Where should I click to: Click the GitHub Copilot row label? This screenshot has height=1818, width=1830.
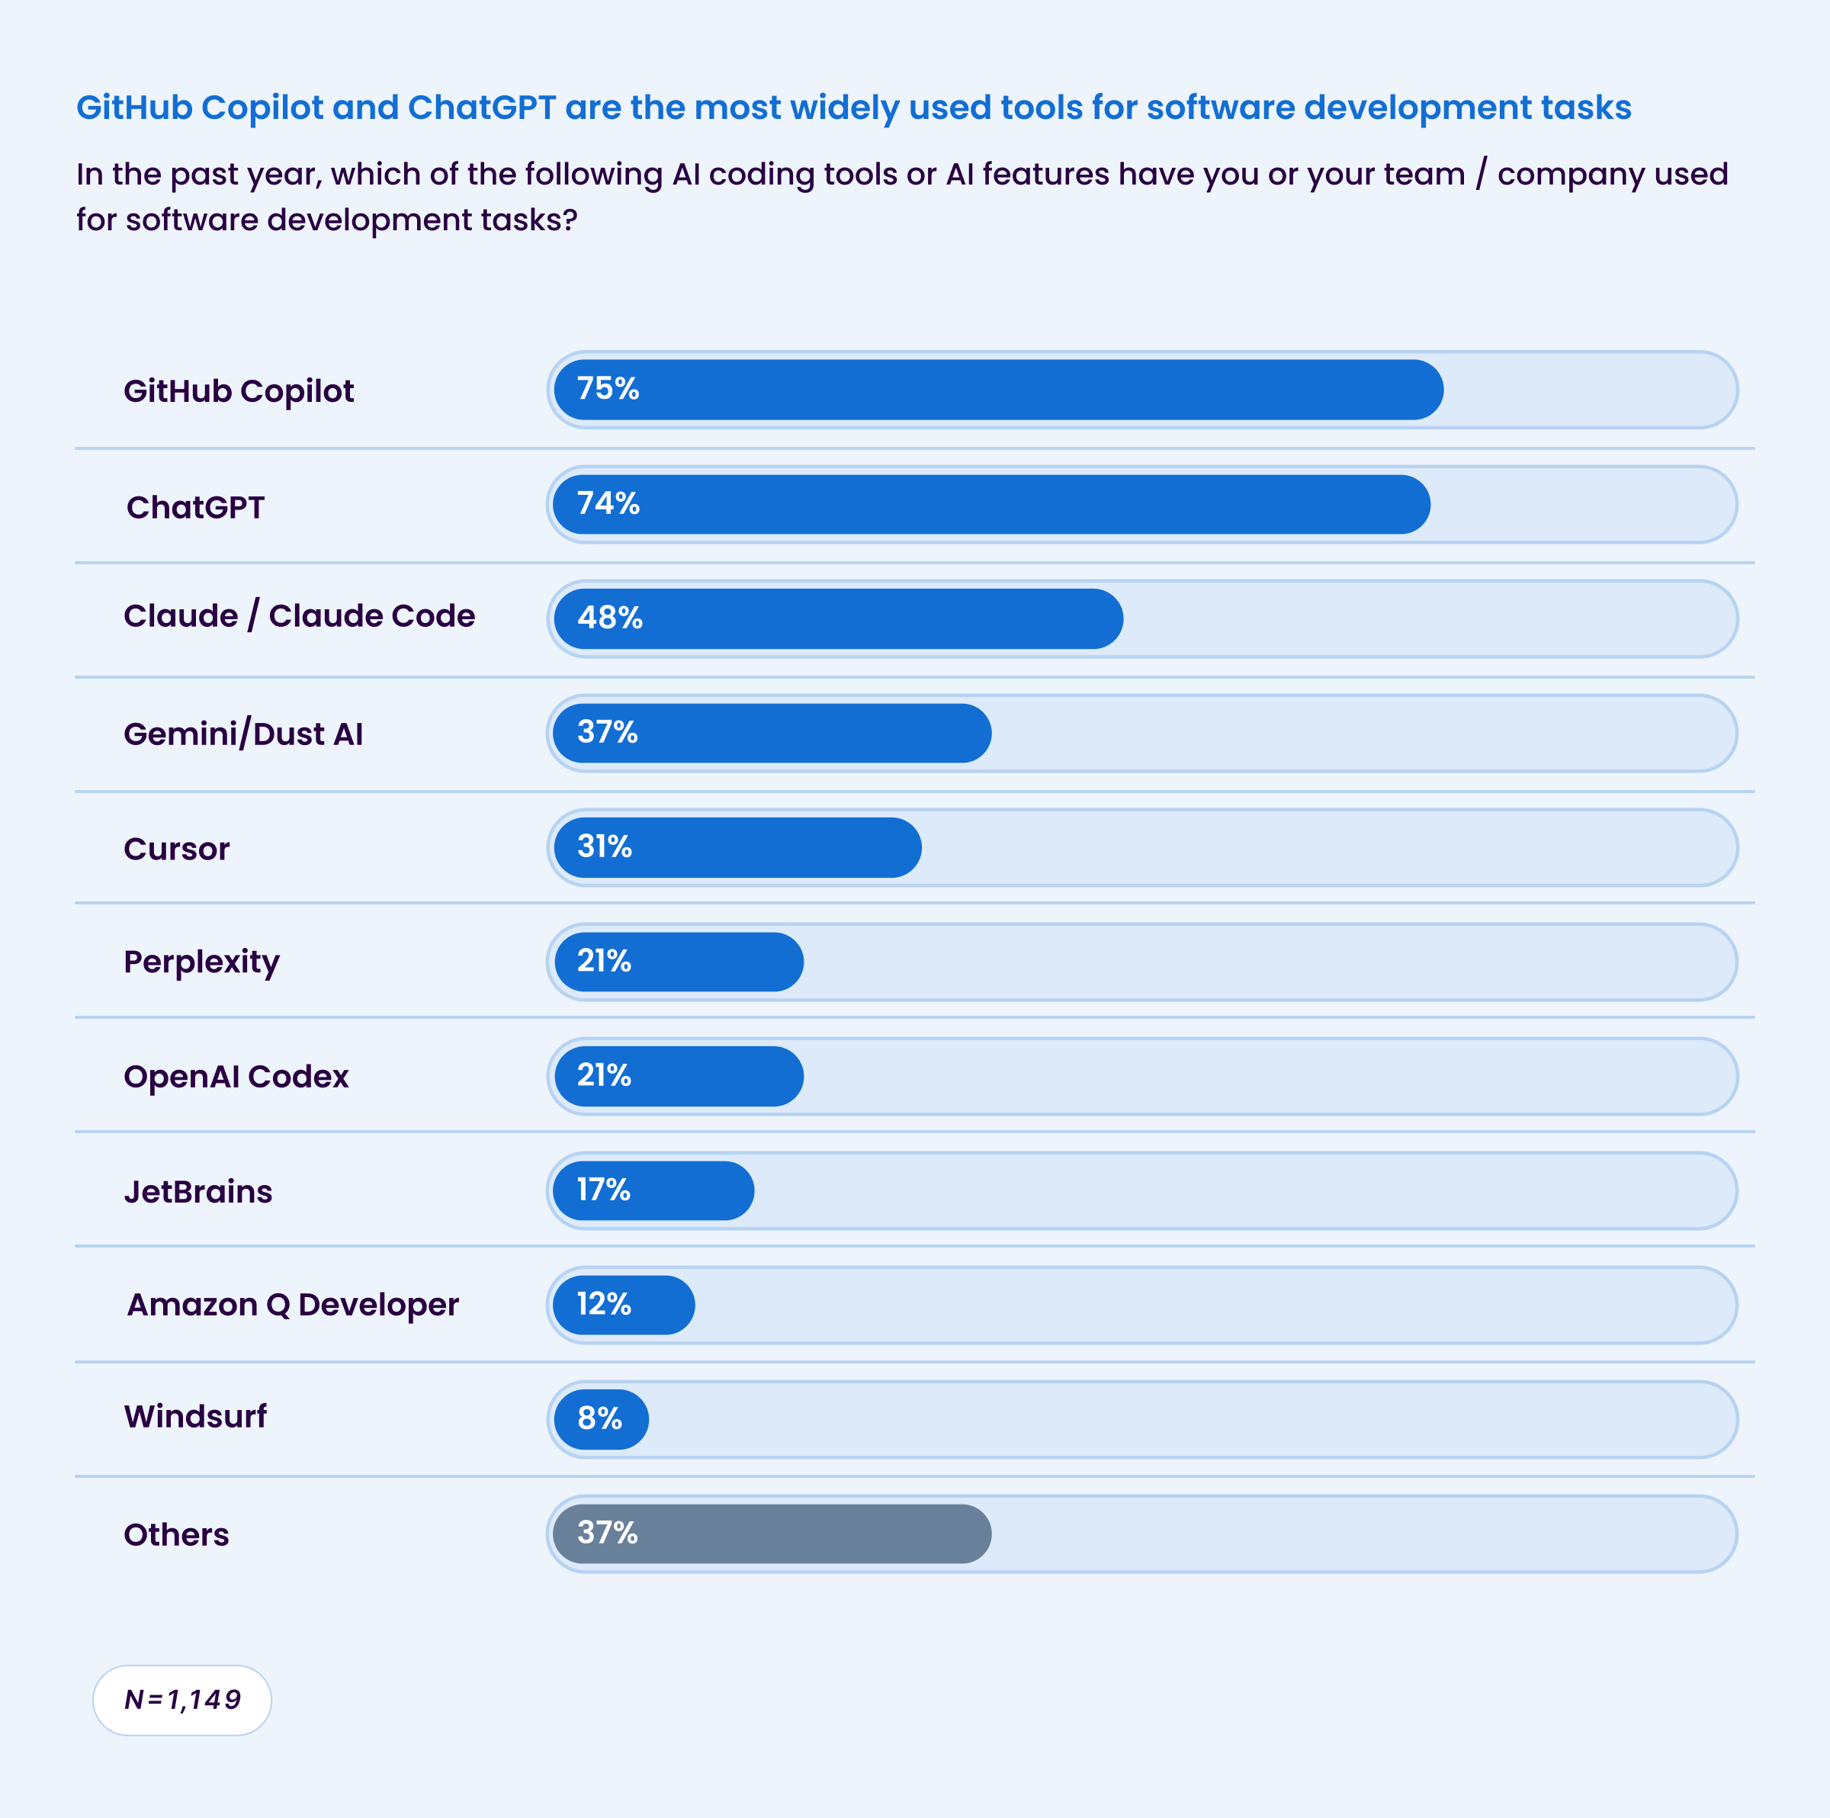(x=239, y=391)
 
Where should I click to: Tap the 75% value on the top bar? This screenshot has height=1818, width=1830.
(x=608, y=388)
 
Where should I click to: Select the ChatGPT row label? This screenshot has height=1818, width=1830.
(x=195, y=508)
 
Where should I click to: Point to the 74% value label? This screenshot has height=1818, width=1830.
(x=608, y=503)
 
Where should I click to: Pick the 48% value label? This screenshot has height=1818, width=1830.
(x=610, y=618)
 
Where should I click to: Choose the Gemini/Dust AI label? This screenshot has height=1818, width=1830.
(x=243, y=734)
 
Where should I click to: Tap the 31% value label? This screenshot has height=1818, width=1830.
(x=605, y=846)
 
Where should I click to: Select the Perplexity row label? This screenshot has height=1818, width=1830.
(x=202, y=962)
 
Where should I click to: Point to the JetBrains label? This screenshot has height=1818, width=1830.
(x=198, y=1192)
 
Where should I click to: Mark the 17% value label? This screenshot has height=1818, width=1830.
(x=603, y=1190)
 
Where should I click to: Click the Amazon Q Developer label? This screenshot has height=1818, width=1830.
(x=293, y=1306)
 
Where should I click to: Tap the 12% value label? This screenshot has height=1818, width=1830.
(x=603, y=1305)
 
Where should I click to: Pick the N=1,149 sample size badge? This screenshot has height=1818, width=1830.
(x=182, y=1701)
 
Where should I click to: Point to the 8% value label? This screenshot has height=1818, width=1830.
(x=599, y=1418)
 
